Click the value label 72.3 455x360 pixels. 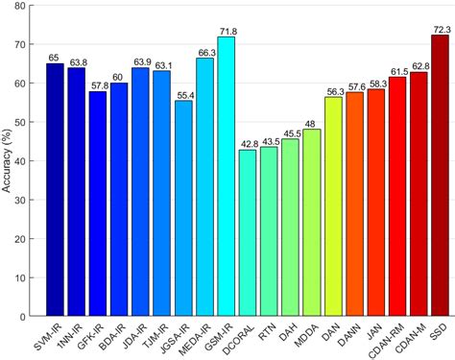tap(441, 28)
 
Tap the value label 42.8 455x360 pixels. tap(248, 144)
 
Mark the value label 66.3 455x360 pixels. tap(204, 52)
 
